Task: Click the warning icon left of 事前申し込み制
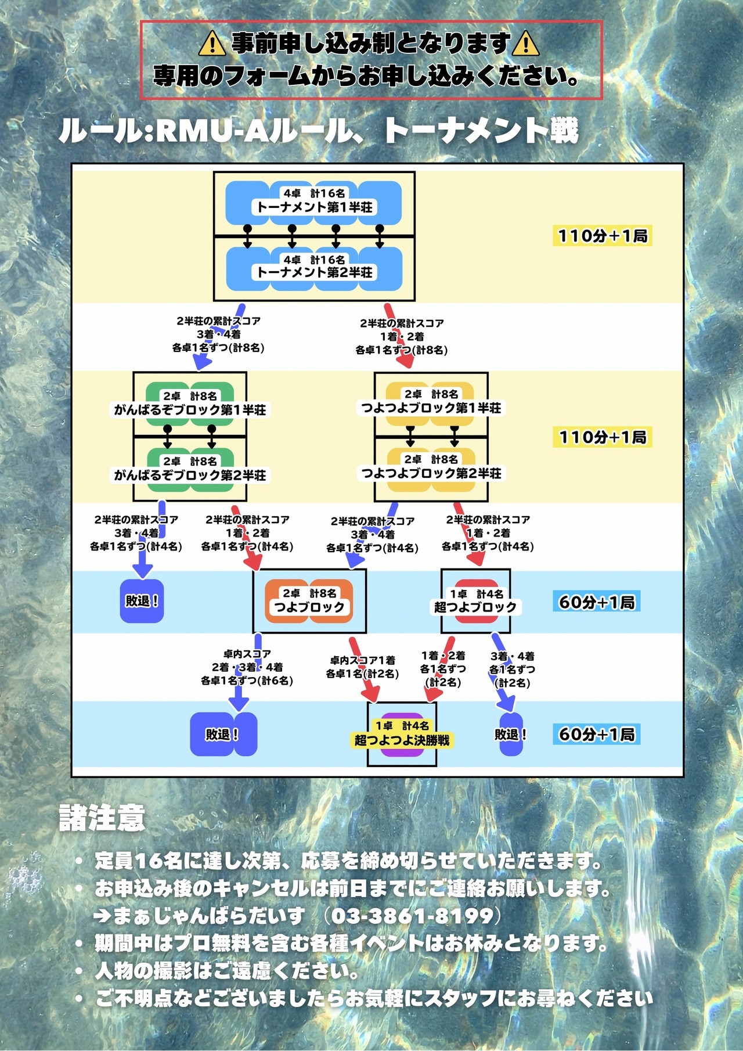[x=212, y=43]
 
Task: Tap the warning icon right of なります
[x=525, y=43]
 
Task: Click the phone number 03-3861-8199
[x=412, y=916]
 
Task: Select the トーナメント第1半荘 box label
[x=314, y=207]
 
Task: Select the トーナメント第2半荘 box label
[x=314, y=272]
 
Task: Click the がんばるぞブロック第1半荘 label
[x=190, y=410]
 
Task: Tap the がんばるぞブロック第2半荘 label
[x=190, y=475]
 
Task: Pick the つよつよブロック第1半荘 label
[x=431, y=408]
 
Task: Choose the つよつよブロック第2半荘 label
[x=431, y=473]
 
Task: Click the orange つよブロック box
[x=309, y=601]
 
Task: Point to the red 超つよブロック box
[x=476, y=601]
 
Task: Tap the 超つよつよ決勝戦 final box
[x=402, y=735]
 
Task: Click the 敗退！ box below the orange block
[x=223, y=735]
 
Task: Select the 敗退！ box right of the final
[x=511, y=735]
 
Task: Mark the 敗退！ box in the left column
[x=142, y=601]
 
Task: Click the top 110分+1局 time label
[x=603, y=236]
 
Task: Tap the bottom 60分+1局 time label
[x=596, y=734]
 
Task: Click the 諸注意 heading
[x=102, y=818]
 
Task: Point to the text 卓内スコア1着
[x=363, y=660]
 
